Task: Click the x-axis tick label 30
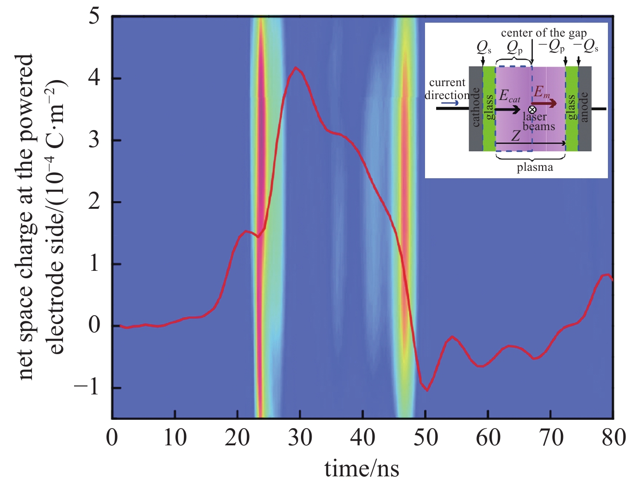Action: point(300,438)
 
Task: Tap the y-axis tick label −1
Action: point(88,387)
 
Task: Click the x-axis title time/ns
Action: point(362,468)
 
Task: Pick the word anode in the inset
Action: point(584,107)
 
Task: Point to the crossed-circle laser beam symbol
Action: point(532,110)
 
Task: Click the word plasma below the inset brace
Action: point(535,167)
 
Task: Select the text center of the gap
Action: point(544,33)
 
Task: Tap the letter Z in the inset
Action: point(516,136)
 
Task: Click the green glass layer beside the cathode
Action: point(489,108)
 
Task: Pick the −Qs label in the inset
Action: point(586,47)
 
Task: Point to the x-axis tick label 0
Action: point(112,438)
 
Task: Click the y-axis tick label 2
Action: point(94,201)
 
